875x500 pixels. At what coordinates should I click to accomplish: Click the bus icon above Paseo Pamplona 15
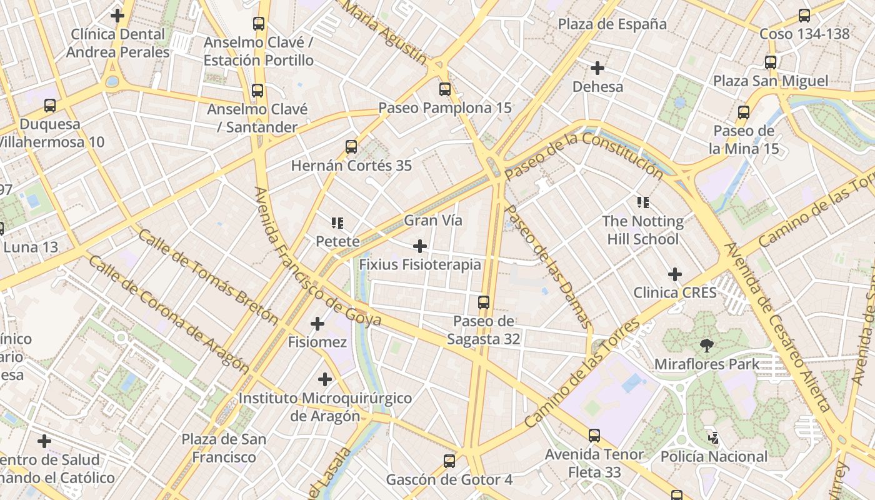pos(445,89)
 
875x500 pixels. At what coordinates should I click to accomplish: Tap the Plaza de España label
pos(612,24)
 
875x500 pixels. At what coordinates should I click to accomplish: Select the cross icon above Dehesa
pos(597,67)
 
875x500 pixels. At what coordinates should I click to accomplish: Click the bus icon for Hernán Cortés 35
pos(351,147)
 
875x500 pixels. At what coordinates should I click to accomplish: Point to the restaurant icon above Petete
pos(337,222)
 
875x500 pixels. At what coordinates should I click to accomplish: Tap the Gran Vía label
pos(433,220)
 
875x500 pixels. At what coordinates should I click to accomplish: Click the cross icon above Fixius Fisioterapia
pos(420,246)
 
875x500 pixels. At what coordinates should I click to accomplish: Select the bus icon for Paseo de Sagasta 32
pos(484,302)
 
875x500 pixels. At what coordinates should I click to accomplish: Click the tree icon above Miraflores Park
pos(707,345)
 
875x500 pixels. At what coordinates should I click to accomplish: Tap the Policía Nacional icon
pos(713,438)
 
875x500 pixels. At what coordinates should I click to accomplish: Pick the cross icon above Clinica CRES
pos(675,274)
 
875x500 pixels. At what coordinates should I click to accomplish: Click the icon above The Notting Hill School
pos(643,202)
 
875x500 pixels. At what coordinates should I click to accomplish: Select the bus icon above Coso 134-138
pos(804,16)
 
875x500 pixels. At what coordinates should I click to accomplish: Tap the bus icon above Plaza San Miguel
pos(771,62)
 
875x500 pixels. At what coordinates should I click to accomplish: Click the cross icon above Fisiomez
pos(317,324)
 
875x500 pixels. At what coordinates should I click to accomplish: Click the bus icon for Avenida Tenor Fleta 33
pos(594,436)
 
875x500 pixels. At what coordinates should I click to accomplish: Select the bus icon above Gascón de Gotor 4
pos(449,461)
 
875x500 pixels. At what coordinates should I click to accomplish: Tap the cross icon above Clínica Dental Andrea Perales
pos(117,15)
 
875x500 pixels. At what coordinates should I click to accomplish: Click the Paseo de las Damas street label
pos(548,266)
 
